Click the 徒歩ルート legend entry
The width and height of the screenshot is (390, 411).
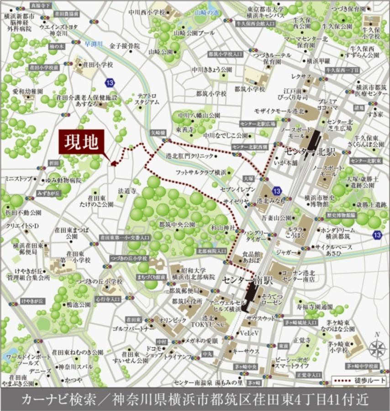tap(360, 380)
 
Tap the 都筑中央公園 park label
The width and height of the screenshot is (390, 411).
tap(177, 225)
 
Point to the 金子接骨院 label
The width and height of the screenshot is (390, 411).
tap(124, 46)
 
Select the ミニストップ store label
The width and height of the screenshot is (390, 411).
tap(18, 179)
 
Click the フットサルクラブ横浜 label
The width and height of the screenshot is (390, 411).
tap(201, 172)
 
